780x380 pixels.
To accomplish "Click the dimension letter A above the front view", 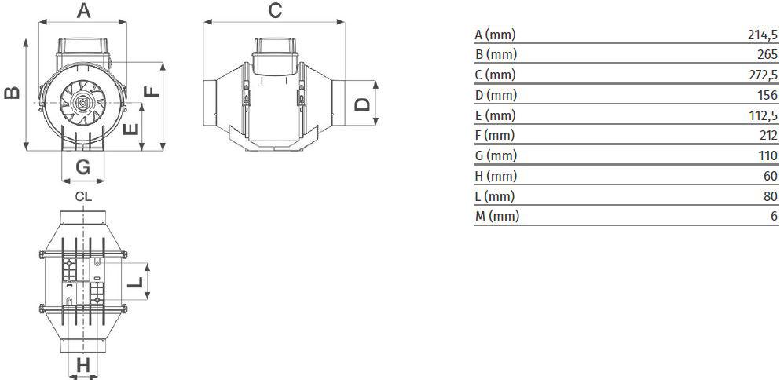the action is (x=83, y=10).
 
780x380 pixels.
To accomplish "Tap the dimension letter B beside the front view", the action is (x=13, y=93).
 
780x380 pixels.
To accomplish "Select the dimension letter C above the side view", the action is (x=275, y=10).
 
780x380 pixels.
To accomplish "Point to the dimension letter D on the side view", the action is (x=364, y=104).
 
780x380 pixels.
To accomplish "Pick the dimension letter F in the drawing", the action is (x=152, y=92).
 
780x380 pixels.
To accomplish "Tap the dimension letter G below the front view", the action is (x=83, y=167).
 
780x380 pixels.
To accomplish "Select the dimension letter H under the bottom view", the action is (x=83, y=366).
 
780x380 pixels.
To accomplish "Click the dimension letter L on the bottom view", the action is (x=135, y=283).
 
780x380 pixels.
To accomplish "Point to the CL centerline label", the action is (x=83, y=196).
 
